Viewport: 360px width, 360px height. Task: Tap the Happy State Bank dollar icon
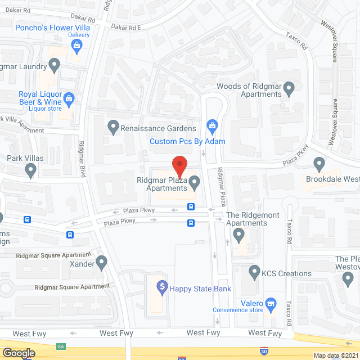162,288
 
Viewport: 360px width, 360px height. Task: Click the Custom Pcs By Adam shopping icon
211,125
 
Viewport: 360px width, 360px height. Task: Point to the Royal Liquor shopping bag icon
69,99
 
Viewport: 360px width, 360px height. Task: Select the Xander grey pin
101,262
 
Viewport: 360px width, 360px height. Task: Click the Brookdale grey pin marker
319,164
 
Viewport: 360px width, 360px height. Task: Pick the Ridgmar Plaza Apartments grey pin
195,182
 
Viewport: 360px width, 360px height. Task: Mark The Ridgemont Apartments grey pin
238,234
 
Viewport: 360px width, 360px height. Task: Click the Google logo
19,353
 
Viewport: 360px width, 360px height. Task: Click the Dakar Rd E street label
126,26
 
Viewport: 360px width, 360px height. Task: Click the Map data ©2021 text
336,355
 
